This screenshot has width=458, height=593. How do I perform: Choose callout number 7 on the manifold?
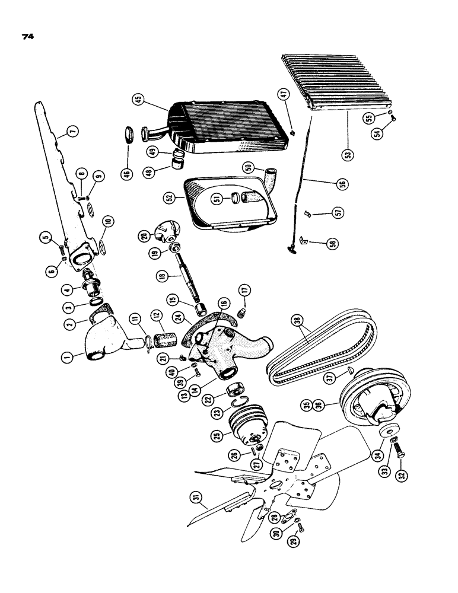pos(71,131)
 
